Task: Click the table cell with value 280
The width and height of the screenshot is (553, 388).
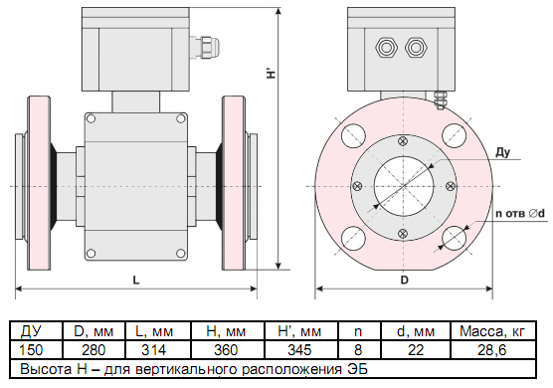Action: (x=93, y=350)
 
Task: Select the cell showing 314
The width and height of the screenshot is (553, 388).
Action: (x=154, y=350)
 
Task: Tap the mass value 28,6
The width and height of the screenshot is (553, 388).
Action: (x=492, y=350)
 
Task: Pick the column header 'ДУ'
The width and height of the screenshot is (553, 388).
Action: (x=31, y=331)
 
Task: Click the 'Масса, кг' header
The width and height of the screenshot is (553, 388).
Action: (x=492, y=331)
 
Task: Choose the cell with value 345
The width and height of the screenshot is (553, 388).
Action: (x=299, y=350)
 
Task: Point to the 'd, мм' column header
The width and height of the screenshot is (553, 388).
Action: (x=416, y=331)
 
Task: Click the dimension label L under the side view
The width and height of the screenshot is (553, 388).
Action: (x=136, y=281)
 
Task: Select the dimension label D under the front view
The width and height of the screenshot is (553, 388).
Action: (x=404, y=281)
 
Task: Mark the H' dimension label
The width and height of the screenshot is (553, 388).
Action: (x=271, y=72)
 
